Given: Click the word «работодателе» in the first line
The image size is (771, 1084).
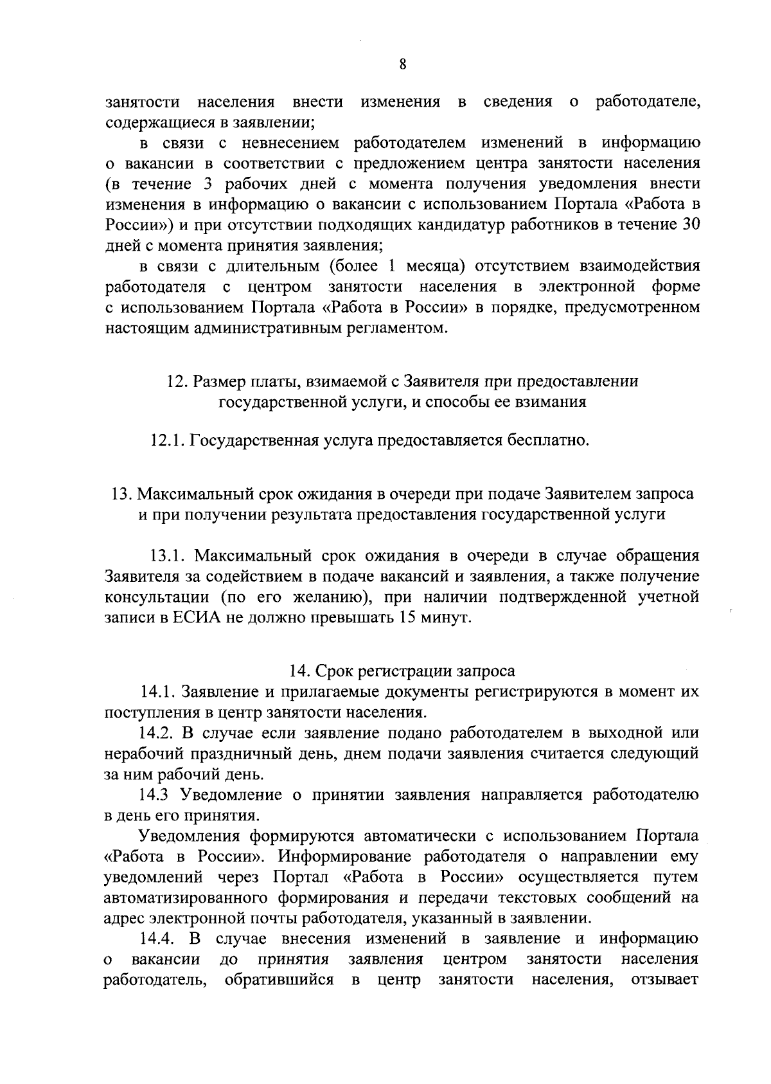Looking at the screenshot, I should tap(647, 102).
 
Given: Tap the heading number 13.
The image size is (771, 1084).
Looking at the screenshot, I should tap(121, 494).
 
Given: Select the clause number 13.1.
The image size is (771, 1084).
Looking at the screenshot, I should tap(168, 556).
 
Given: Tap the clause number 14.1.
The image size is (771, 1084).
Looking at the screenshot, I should tap(158, 692).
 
